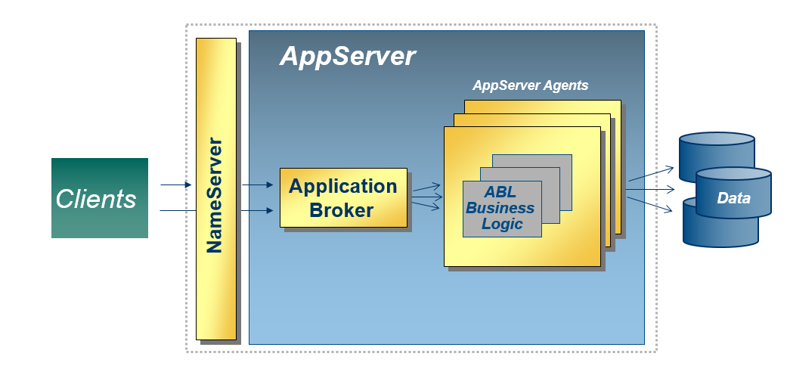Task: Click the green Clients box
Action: (x=99, y=198)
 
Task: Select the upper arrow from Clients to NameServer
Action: (x=176, y=184)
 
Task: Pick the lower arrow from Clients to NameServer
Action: (x=176, y=211)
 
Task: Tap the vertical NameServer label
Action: (x=215, y=195)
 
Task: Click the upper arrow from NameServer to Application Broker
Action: (x=257, y=184)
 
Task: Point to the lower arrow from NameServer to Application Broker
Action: (x=257, y=211)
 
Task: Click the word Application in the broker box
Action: (x=342, y=187)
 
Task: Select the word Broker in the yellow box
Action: (x=342, y=210)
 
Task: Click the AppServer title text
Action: (x=347, y=57)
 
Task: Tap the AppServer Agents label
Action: (x=530, y=85)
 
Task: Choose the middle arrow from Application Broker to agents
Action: (x=426, y=198)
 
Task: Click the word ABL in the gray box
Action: (x=500, y=193)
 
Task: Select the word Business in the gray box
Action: (x=500, y=208)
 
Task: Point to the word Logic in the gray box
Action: (x=502, y=223)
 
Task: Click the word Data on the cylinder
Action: (x=733, y=198)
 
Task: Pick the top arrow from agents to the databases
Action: (x=649, y=173)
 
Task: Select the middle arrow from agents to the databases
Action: (x=649, y=190)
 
